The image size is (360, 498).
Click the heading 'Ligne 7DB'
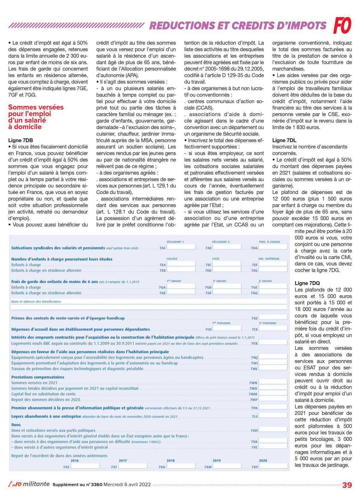[21, 140]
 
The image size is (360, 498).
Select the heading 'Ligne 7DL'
[284, 140]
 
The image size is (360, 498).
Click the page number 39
[347, 485]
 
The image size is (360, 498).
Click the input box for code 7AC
[181, 248]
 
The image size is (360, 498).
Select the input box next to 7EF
[273, 265]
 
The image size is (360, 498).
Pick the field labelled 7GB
[226, 287]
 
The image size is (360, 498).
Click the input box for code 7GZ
[273, 318]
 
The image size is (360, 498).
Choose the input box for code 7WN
[273, 383]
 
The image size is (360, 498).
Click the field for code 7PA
[273, 408]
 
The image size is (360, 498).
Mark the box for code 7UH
[273, 430]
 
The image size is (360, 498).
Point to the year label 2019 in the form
[217, 461]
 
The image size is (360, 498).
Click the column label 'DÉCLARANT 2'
[221, 242]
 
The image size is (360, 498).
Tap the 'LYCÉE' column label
[216, 258]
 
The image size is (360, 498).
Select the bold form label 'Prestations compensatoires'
[38, 377]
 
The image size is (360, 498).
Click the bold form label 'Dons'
[16, 425]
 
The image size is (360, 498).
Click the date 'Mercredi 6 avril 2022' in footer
[127, 485]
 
